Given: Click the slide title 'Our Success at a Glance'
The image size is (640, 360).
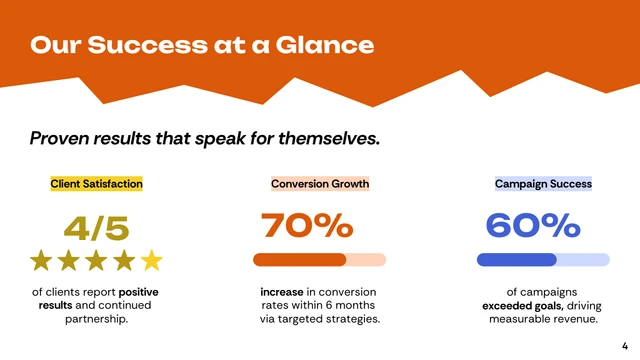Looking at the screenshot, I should click(202, 45).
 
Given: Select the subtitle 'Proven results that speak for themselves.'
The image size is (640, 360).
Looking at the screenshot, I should click(204, 138).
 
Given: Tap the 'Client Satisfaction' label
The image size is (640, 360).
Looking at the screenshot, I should click(96, 184).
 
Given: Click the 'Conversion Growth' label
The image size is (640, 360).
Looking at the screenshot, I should click(320, 184).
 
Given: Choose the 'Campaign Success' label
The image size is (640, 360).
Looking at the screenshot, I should click(543, 184).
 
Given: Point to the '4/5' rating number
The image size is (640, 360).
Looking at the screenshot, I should click(96, 228).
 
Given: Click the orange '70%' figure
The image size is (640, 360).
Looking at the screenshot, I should click(307, 226).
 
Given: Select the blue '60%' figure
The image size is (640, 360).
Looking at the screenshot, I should click(532, 226).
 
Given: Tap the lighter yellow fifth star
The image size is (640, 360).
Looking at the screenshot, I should click(151, 261).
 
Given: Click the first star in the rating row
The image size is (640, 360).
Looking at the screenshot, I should click(41, 261).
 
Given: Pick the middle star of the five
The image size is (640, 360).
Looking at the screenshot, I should click(96, 261).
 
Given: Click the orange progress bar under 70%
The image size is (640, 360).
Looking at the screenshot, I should click(300, 260).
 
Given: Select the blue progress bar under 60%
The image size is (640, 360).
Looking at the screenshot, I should click(517, 260).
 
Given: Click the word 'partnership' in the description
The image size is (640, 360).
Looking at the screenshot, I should click(96, 319).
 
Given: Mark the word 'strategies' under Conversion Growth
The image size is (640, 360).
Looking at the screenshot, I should click(351, 319).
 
